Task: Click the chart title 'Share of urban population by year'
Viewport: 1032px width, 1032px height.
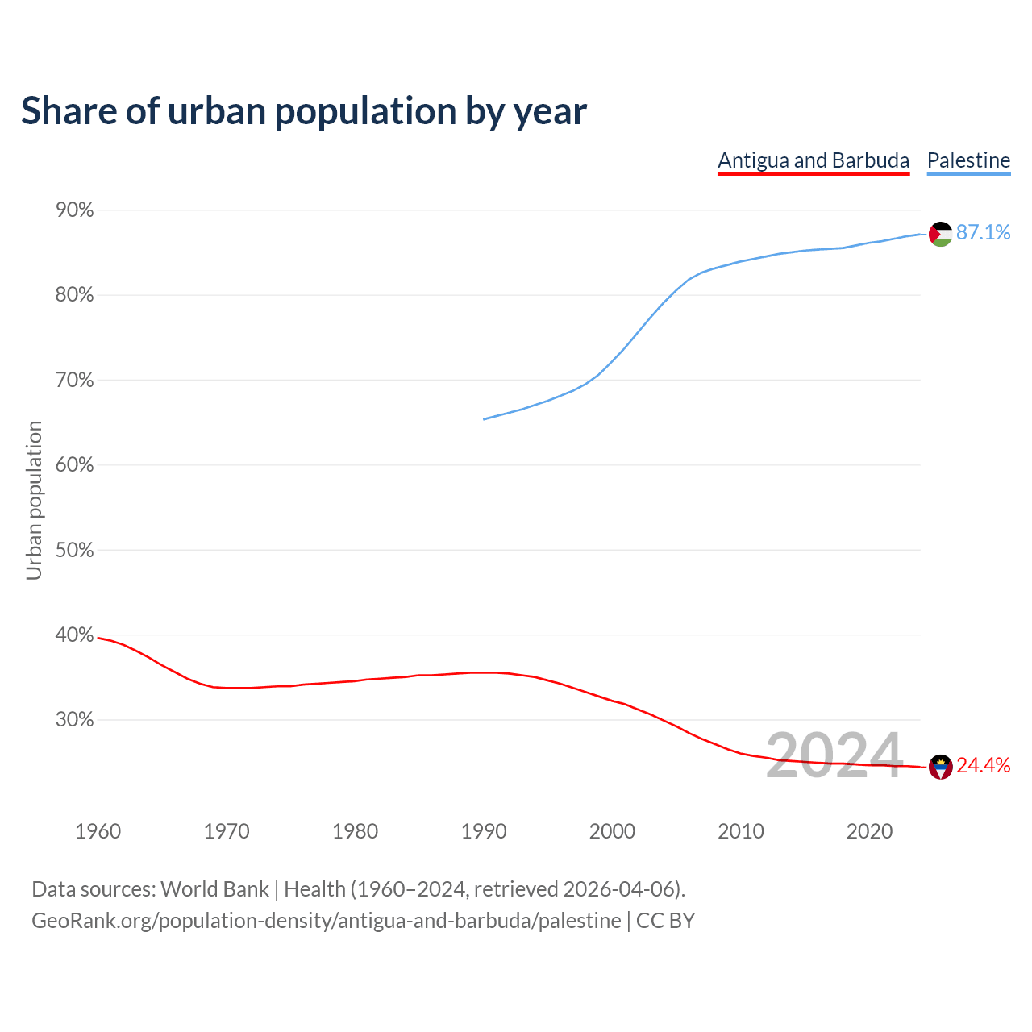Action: tap(304, 111)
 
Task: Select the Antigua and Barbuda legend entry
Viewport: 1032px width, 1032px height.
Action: tap(814, 160)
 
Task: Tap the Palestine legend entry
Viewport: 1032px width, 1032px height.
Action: tap(968, 160)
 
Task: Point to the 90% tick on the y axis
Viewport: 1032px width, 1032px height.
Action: tap(74, 210)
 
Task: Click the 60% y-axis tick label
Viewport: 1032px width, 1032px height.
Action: tap(74, 465)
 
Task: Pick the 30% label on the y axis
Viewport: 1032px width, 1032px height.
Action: tap(74, 720)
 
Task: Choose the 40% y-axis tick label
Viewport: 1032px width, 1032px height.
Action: tap(74, 635)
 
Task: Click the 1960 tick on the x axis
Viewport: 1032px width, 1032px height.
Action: tap(98, 831)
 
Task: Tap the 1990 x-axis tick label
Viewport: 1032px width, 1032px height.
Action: tap(484, 831)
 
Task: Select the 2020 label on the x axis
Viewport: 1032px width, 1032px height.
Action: tap(869, 831)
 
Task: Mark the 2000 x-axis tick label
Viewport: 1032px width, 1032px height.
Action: tap(612, 831)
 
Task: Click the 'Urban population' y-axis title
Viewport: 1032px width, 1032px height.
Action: tap(34, 500)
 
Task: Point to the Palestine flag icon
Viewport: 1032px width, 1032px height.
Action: tap(941, 234)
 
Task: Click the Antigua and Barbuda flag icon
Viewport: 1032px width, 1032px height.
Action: tap(941, 767)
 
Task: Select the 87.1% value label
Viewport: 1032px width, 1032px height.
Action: tap(983, 233)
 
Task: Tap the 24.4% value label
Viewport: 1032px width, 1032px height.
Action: tap(983, 766)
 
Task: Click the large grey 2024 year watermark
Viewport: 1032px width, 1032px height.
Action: tap(834, 755)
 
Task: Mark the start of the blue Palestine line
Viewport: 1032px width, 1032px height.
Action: tap(484, 419)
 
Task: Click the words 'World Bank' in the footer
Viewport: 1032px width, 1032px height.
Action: tap(214, 889)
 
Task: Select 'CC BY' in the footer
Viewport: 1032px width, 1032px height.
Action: tap(665, 921)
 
